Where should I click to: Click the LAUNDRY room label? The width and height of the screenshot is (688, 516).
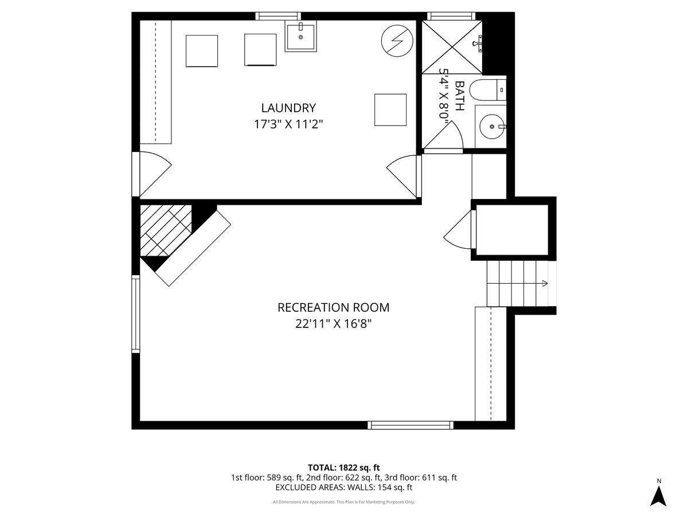coord(288,108)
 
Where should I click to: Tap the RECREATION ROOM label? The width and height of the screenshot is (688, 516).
coord(333,307)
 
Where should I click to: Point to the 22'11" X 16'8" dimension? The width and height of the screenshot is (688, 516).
coord(333,323)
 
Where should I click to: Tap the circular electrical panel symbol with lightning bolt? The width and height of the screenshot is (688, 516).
coord(397,41)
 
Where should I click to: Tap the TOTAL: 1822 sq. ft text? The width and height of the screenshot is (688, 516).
coord(343,467)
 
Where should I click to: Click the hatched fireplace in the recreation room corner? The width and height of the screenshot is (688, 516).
coord(166,230)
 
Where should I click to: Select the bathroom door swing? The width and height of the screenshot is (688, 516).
coord(445,138)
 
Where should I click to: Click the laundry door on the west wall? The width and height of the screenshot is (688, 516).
coord(152,174)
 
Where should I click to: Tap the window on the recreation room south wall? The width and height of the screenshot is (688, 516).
coord(411,425)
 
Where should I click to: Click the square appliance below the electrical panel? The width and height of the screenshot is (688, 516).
coord(390,110)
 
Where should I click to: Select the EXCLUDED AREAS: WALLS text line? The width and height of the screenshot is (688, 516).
coord(343,487)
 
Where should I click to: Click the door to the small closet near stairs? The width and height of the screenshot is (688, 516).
coord(460,229)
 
